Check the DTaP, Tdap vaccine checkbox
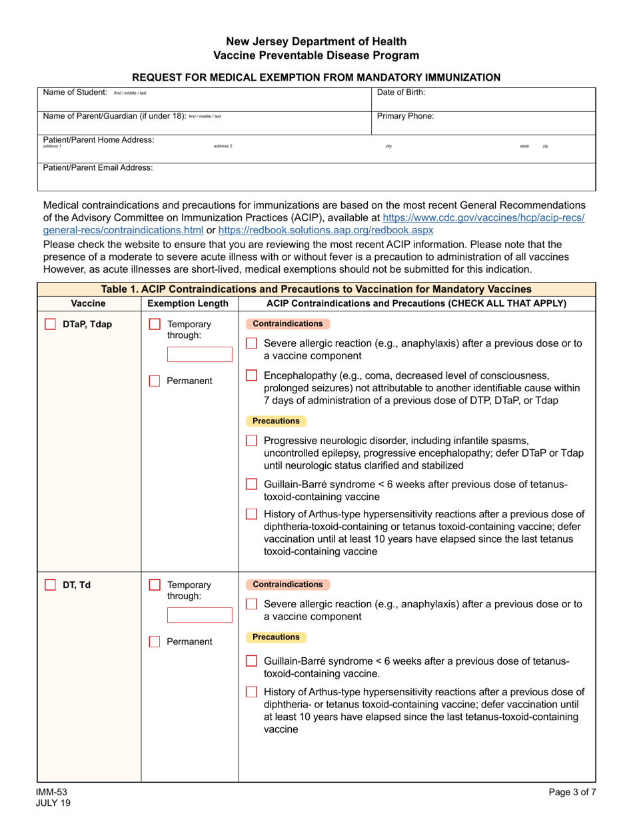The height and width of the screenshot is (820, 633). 50,325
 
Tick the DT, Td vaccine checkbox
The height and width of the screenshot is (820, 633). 50,585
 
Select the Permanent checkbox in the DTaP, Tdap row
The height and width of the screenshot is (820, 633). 155,381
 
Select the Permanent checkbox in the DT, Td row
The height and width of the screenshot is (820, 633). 155,642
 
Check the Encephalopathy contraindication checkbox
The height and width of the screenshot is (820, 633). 251,375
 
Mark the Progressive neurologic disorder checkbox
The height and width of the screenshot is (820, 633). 251,441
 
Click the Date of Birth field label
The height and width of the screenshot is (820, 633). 401,93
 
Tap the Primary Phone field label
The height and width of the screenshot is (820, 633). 405,116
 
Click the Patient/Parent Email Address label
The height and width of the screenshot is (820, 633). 98,168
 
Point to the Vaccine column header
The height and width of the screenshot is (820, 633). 88,303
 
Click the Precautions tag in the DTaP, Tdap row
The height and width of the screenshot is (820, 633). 276,421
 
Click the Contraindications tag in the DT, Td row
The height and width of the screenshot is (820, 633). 288,585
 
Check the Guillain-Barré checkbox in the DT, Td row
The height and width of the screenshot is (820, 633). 251,661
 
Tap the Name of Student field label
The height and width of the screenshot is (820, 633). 75,93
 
